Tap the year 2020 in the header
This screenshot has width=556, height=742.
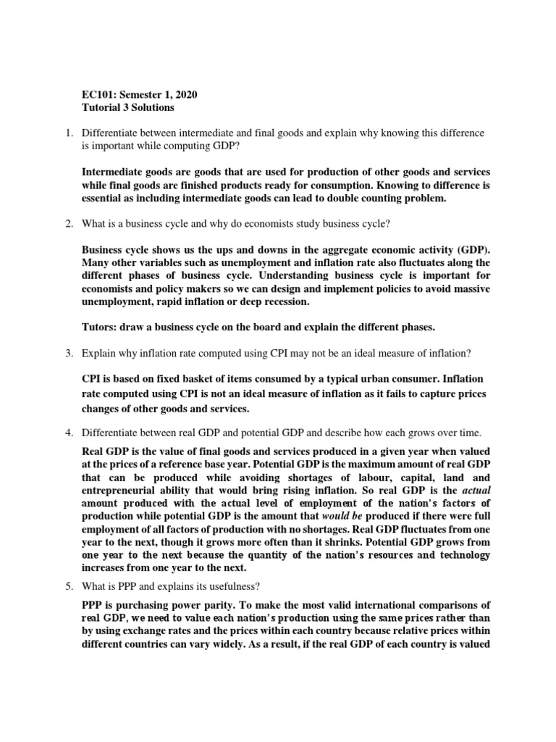tap(182, 95)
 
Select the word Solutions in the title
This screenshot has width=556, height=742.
tap(151, 108)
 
